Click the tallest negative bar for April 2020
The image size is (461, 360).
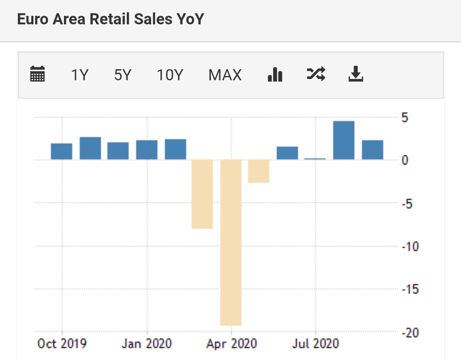(231, 242)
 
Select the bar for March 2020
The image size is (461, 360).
(202, 194)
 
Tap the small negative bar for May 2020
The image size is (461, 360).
(259, 171)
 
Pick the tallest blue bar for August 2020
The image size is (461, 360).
(344, 140)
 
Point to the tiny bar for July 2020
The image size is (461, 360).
(315, 159)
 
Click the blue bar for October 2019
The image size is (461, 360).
(61, 152)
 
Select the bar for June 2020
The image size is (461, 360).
(287, 153)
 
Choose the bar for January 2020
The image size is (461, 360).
(147, 150)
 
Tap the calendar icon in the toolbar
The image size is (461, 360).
(38, 74)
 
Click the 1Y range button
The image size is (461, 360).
(79, 75)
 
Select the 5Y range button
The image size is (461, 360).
(123, 75)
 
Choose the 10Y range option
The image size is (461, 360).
(169, 75)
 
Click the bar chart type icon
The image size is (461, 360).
(275, 74)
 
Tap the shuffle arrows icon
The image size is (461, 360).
(316, 74)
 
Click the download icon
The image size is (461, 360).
(356, 74)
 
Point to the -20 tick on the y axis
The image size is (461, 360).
(411, 333)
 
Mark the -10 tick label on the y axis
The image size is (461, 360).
(411, 246)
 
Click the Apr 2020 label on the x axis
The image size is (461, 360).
(231, 344)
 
